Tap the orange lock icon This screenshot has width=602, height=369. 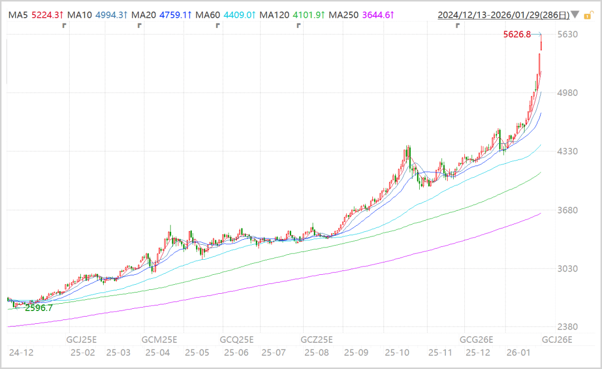click(x=587, y=15)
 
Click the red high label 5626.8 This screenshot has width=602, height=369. click(x=517, y=35)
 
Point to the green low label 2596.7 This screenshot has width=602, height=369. click(x=38, y=308)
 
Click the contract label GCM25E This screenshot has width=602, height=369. click(x=159, y=339)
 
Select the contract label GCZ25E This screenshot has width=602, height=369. click(x=317, y=339)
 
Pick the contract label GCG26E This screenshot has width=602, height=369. click(x=476, y=339)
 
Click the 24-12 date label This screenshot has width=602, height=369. click(x=21, y=353)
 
